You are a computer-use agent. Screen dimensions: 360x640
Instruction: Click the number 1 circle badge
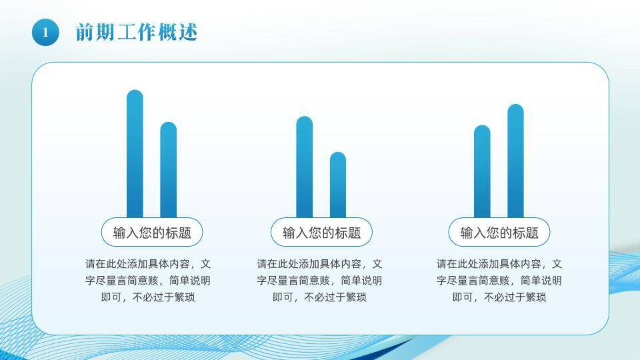pyautogui.click(x=45, y=32)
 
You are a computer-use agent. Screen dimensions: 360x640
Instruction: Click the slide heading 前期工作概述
pyautogui.click(x=137, y=32)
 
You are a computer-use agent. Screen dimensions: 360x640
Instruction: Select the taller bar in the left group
pyautogui.click(x=135, y=153)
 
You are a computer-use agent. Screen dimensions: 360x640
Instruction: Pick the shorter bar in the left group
pyautogui.click(x=168, y=170)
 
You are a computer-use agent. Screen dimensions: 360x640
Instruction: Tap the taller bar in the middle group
pyautogui.click(x=304, y=167)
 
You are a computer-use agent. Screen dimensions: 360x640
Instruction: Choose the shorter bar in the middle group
pyautogui.click(x=338, y=185)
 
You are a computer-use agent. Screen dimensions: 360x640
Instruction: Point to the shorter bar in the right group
pyautogui.click(x=482, y=171)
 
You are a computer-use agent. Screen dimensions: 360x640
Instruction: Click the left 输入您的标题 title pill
pyautogui.click(x=152, y=233)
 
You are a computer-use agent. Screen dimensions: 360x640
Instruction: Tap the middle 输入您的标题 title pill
pyautogui.click(x=321, y=233)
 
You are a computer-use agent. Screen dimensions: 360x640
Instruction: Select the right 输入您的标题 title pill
pyautogui.click(x=499, y=233)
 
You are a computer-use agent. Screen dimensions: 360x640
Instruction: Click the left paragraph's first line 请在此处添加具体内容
pyautogui.click(x=148, y=264)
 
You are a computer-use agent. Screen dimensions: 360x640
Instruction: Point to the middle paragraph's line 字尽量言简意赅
pyautogui.click(x=319, y=281)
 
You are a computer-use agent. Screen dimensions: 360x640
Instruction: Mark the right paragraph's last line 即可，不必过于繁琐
pyautogui.click(x=499, y=297)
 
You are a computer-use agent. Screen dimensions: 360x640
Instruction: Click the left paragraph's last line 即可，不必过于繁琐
pyautogui.click(x=148, y=297)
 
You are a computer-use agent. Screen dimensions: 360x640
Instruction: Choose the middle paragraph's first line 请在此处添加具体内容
pyautogui.click(x=319, y=264)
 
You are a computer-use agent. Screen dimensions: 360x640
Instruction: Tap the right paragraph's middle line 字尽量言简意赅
pyautogui.click(x=499, y=281)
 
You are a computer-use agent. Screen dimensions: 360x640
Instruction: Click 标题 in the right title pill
pyautogui.click(x=525, y=233)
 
